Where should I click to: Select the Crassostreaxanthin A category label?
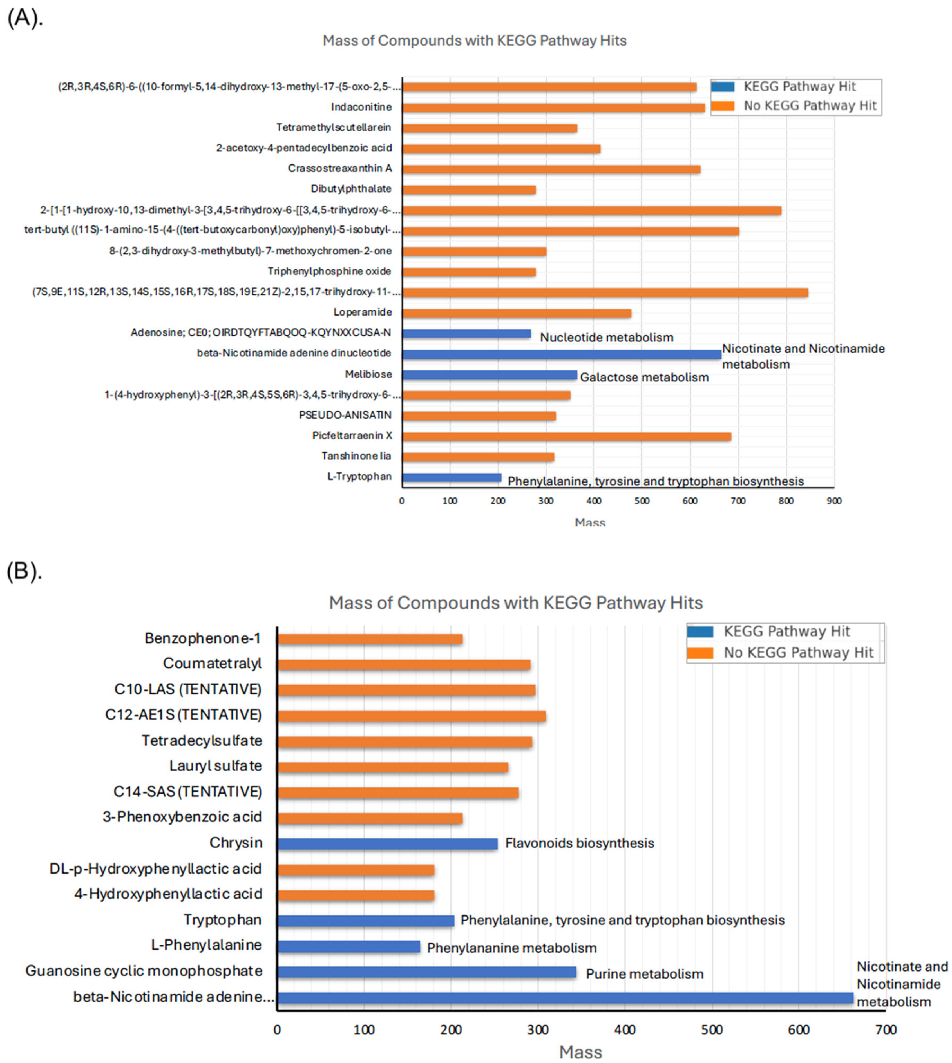(x=339, y=168)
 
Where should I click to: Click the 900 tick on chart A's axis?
(x=834, y=501)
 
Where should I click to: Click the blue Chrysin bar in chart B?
(x=387, y=843)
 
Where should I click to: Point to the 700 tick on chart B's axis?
(x=886, y=1029)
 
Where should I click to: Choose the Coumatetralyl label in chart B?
(x=212, y=663)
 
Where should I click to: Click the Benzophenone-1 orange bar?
(x=369, y=639)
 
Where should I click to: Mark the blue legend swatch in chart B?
(x=700, y=631)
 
